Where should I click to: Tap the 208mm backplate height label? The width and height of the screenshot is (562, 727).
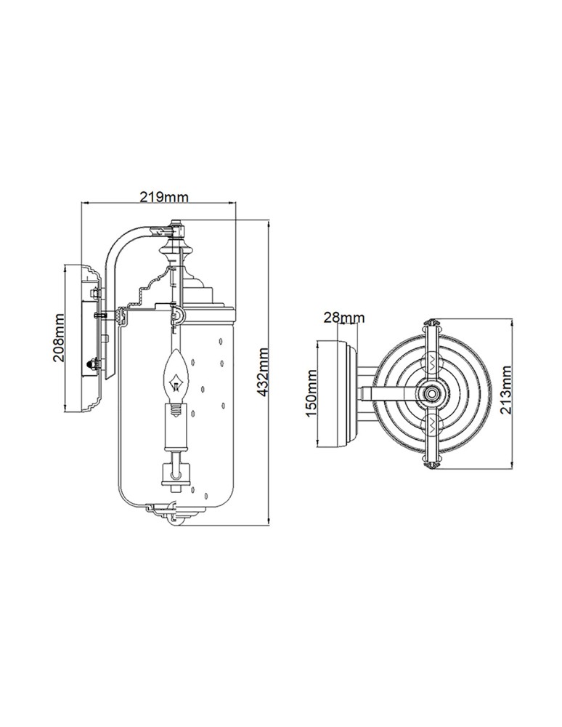point(61,338)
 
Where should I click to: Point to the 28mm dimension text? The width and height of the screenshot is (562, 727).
point(344,318)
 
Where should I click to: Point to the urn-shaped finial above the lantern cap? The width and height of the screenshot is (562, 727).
point(176,255)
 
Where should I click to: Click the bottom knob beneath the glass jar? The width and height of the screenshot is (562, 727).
point(176,518)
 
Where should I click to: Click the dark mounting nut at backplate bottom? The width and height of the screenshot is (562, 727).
point(91,363)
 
